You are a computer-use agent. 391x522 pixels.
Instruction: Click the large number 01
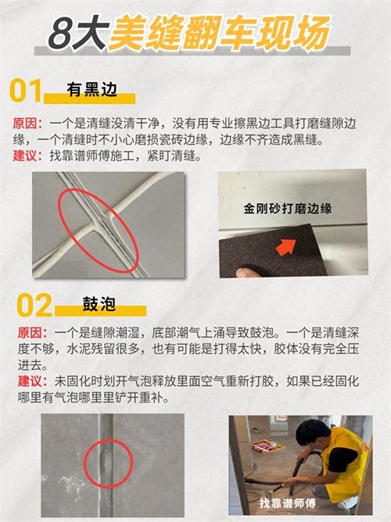(26, 90)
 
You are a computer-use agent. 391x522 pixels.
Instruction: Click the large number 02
(34, 305)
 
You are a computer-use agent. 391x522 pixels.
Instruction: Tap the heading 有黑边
(92, 89)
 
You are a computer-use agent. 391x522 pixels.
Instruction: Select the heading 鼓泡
(99, 304)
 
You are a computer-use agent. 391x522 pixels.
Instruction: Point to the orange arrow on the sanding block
(285, 247)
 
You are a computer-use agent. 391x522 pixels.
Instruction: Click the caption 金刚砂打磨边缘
(288, 209)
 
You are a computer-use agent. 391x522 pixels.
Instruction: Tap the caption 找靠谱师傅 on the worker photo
(288, 503)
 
